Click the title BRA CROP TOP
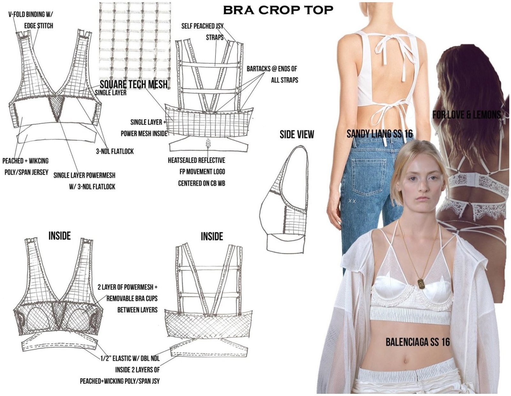[278, 10]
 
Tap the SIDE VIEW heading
[297, 134]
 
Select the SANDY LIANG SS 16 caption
[379, 134]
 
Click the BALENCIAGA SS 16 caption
[418, 342]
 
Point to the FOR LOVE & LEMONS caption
[467, 115]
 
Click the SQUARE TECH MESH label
[133, 84]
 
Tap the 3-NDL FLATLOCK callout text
[115, 151]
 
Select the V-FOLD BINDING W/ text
[31, 15]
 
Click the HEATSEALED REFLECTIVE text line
[196, 160]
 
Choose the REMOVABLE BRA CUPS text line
[132, 298]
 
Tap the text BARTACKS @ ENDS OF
[272, 69]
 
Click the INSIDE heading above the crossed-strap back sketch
[212, 236]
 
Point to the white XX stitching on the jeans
[352, 201]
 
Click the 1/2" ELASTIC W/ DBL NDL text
[130, 358]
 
